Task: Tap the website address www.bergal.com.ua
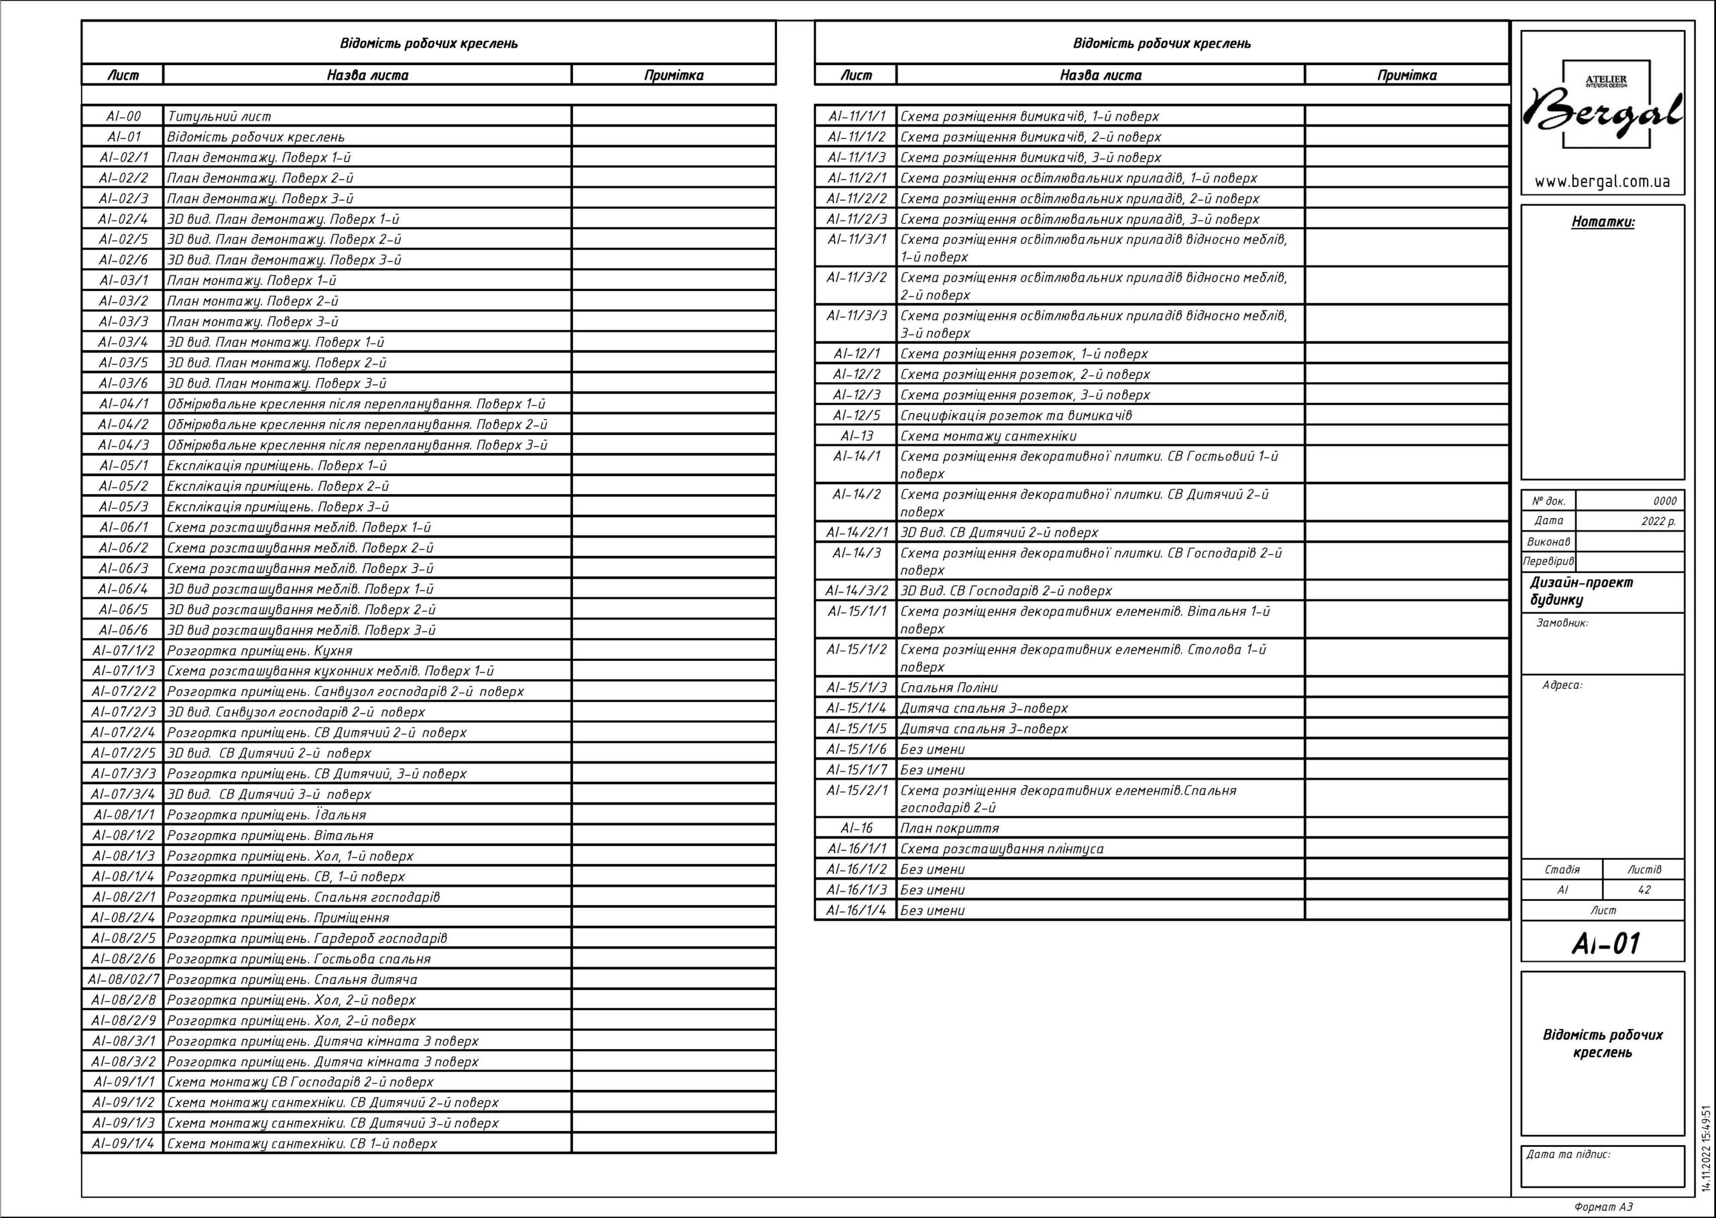pyautogui.click(x=1602, y=182)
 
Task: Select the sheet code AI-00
pyautogui.click(x=123, y=116)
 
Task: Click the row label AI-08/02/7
pyautogui.click(x=123, y=979)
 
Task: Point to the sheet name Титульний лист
pyautogui.click(x=219, y=116)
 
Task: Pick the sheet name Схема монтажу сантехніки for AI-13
pyautogui.click(x=988, y=436)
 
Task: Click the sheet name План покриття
pyautogui.click(x=950, y=828)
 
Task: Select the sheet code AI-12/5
pyautogui.click(x=857, y=416)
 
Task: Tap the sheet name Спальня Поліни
pyautogui.click(x=948, y=687)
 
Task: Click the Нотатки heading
pyautogui.click(x=1603, y=222)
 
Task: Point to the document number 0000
pyautogui.click(x=1664, y=501)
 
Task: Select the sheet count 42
pyautogui.click(x=1644, y=890)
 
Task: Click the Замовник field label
pyautogui.click(x=1562, y=623)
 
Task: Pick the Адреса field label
pyautogui.click(x=1562, y=685)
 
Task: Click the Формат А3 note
pyautogui.click(x=1603, y=1207)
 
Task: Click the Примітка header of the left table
pyautogui.click(x=673, y=75)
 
